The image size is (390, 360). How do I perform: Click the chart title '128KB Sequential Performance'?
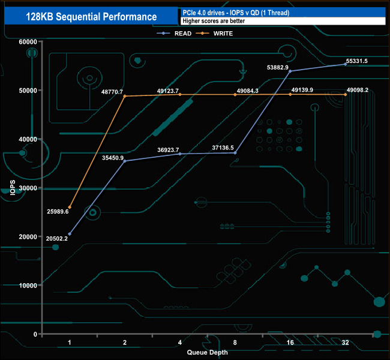click(92, 17)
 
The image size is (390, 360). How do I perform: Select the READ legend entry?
click(178, 34)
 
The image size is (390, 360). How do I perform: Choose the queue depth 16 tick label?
click(290, 342)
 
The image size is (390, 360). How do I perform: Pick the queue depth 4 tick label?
click(179, 342)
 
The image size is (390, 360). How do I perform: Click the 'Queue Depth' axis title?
click(207, 352)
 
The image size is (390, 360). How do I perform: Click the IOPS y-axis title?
click(12, 188)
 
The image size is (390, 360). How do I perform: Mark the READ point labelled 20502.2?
click(70, 234)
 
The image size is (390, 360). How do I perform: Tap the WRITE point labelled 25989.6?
click(70, 208)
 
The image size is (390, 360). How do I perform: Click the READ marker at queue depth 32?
click(345, 64)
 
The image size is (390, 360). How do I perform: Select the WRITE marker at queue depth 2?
click(125, 96)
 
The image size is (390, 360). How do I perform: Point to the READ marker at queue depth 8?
click(235, 153)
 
